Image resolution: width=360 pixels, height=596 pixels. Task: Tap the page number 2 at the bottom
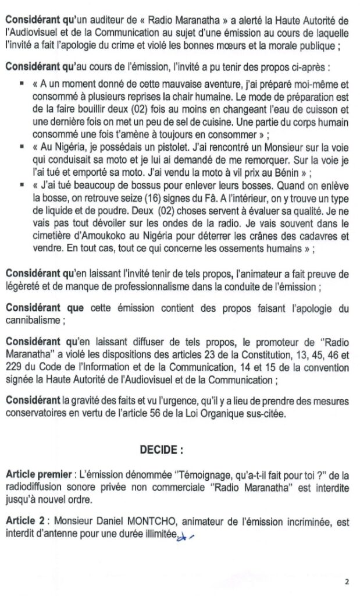coord(347,581)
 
